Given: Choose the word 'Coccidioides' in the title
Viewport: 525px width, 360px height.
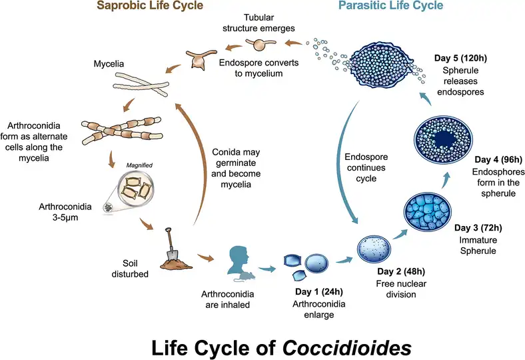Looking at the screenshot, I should (347, 347).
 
